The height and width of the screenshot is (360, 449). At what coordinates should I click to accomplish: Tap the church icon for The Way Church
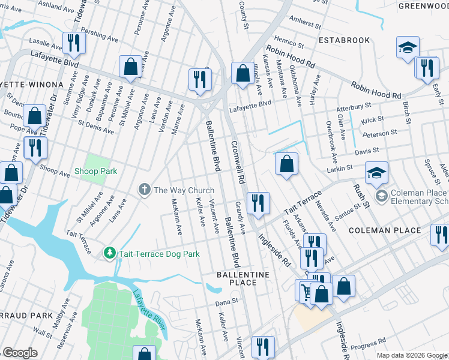tap(144, 190)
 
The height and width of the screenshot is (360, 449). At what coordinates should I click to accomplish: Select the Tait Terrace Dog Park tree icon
tap(109, 254)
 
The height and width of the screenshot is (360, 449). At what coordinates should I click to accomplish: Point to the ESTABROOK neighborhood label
tap(344, 41)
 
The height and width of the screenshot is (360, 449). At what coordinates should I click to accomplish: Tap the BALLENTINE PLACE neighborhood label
tap(244, 278)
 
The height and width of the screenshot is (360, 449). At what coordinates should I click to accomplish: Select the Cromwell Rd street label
tap(237, 163)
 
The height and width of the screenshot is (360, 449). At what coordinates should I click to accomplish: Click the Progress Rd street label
tap(368, 344)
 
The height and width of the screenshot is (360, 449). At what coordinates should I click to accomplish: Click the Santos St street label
tap(348, 206)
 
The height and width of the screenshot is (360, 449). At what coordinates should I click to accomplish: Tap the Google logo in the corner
tap(20, 353)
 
